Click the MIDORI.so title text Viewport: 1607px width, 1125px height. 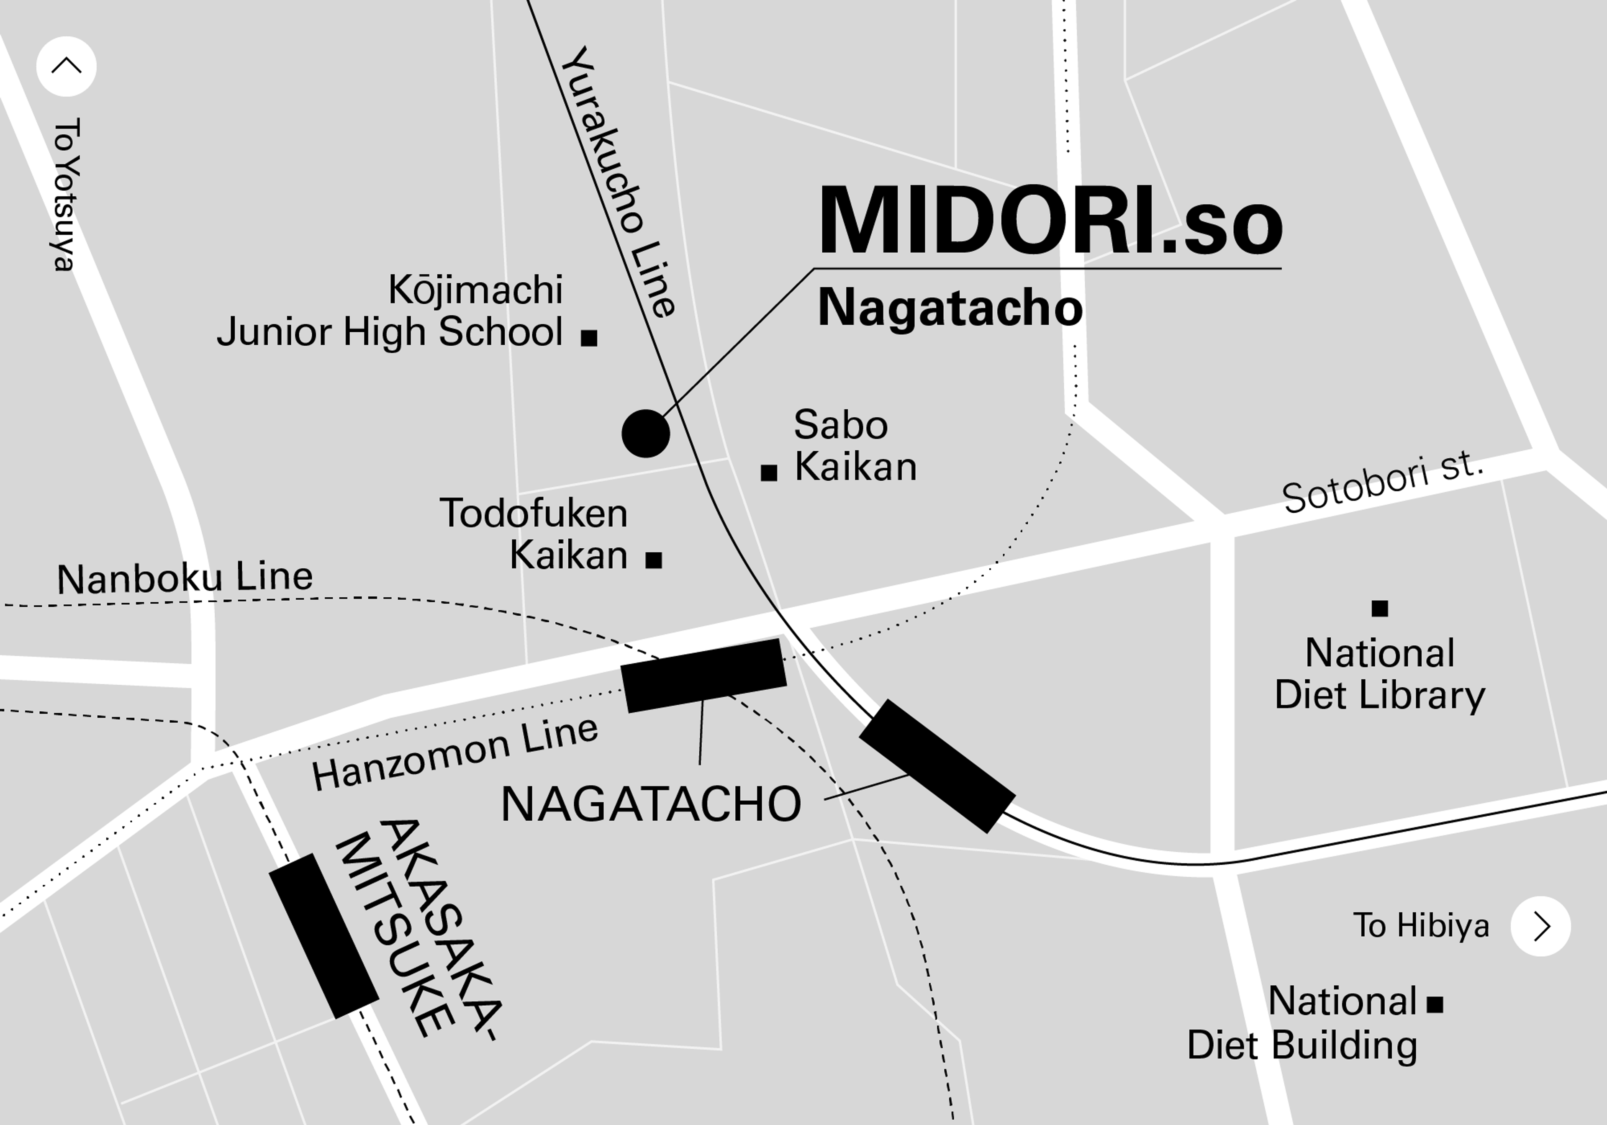click(x=1050, y=221)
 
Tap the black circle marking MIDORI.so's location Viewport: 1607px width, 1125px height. click(x=645, y=433)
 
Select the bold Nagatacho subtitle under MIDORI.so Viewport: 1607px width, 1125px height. click(x=950, y=307)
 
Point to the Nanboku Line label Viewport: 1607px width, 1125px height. click(x=185, y=578)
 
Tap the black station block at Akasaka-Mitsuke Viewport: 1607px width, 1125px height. click(x=323, y=936)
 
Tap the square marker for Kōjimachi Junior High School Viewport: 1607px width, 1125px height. click(x=589, y=338)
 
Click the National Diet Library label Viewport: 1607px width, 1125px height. click(x=1379, y=673)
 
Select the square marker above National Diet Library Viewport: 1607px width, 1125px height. click(x=1379, y=609)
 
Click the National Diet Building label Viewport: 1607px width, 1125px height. click(x=1302, y=1023)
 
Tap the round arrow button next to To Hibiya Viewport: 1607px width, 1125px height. click(x=1540, y=926)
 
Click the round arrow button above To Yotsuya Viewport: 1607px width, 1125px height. click(x=67, y=67)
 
